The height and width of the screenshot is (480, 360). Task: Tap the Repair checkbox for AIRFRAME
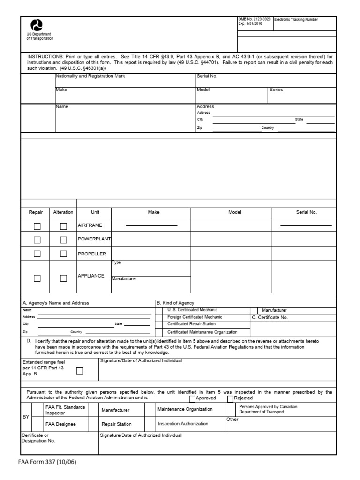(x=37, y=226)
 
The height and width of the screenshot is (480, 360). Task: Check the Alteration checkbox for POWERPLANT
(x=63, y=240)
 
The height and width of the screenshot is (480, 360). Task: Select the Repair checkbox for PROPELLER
(x=37, y=254)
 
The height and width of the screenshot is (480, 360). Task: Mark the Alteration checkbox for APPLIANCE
(x=63, y=278)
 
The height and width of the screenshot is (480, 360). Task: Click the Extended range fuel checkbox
(x=80, y=371)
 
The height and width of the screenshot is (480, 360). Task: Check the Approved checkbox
(x=192, y=398)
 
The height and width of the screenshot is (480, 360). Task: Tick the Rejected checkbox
(x=230, y=398)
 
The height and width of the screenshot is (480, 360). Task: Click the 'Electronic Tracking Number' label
(x=296, y=20)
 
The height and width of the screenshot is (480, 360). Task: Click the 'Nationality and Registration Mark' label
(x=90, y=76)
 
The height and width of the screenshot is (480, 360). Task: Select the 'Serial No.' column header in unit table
(x=306, y=212)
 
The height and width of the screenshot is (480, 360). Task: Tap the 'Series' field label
(x=276, y=90)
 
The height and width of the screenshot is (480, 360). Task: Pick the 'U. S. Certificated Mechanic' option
(x=192, y=310)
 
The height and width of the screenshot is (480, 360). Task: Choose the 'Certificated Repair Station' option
(x=191, y=324)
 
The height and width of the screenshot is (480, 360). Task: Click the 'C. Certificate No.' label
(x=270, y=317)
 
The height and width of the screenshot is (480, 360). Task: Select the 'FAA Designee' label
(x=60, y=424)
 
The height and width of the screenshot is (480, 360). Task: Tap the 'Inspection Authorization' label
(x=183, y=424)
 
